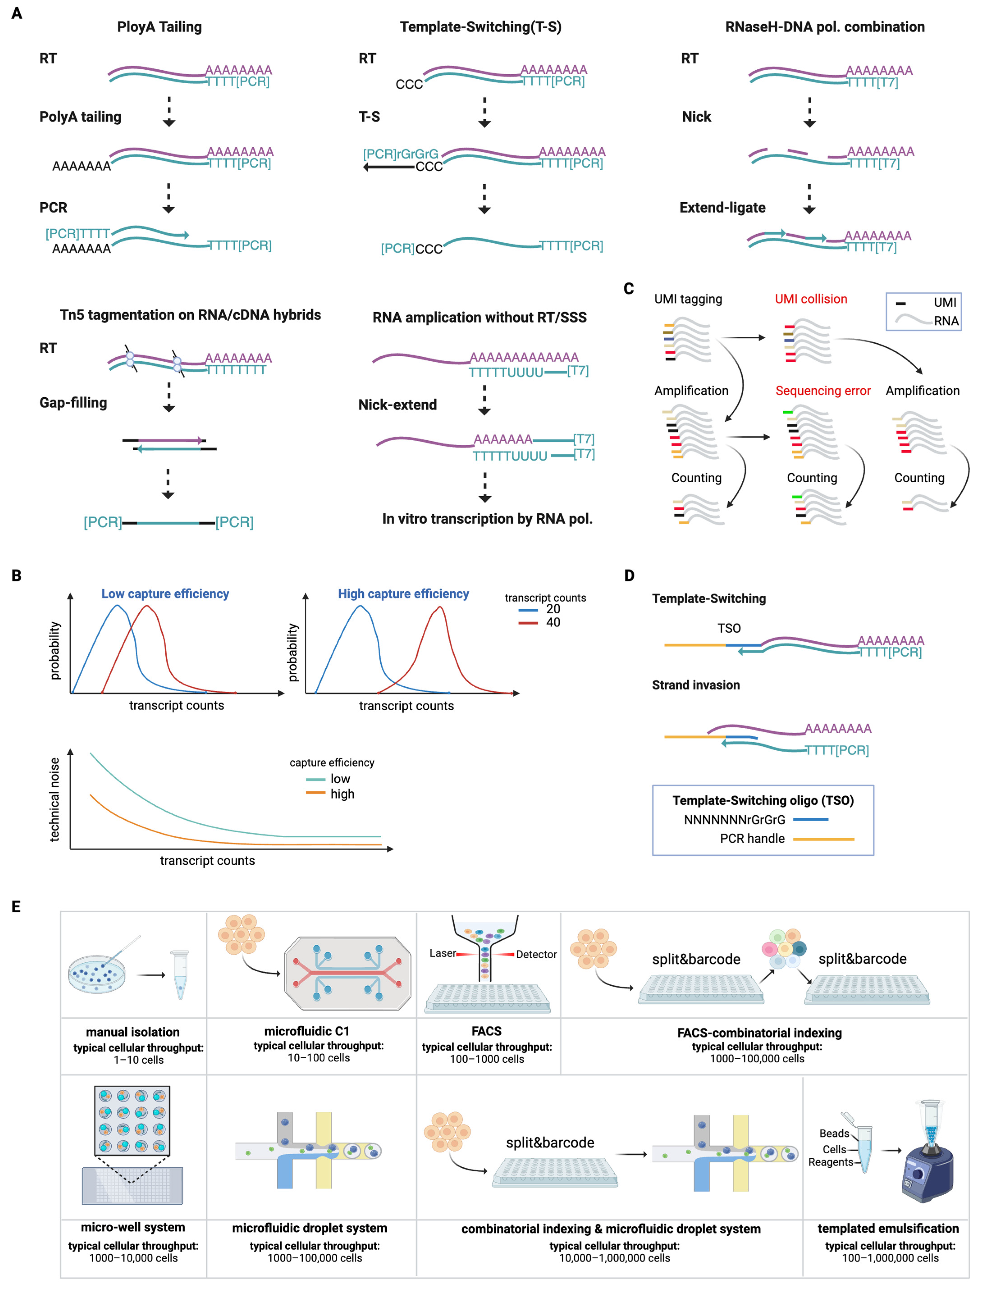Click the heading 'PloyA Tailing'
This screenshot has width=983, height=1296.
coord(159,27)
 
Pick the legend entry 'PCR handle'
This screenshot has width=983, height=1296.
coord(752,838)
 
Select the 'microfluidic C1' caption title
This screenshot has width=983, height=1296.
coord(306,1031)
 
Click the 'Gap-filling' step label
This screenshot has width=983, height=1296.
coord(73,403)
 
